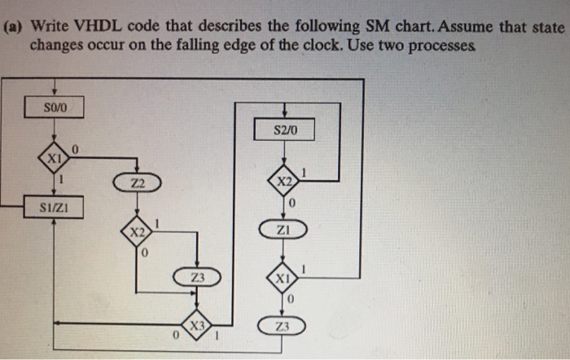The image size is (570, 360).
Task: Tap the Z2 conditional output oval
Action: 135,185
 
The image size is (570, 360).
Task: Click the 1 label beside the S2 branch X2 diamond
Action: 305,172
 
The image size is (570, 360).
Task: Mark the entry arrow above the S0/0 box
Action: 53,89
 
